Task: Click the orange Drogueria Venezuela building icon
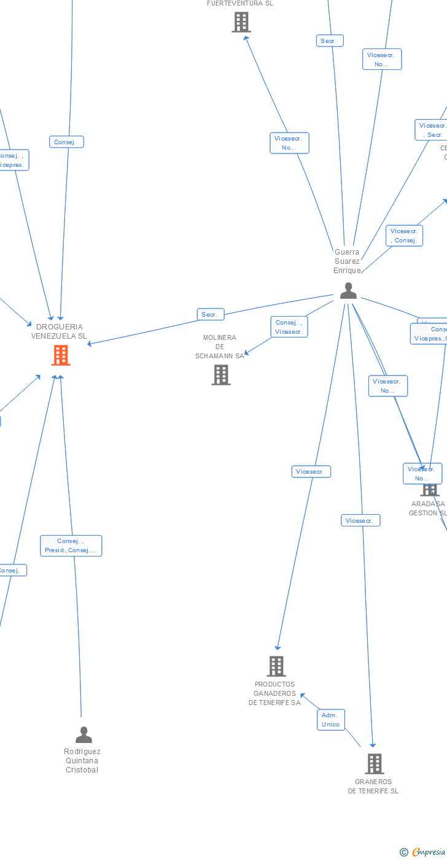tap(61, 355)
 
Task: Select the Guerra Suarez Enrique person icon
tap(348, 291)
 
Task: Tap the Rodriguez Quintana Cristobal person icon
tap(84, 734)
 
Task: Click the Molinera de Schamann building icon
tap(221, 374)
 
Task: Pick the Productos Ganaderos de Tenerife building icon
tap(276, 666)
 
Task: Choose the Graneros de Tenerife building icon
tap(375, 764)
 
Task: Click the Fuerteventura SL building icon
tap(241, 22)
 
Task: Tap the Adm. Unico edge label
tap(330, 720)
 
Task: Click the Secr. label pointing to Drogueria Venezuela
tap(209, 315)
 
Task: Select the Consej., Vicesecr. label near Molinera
tap(289, 327)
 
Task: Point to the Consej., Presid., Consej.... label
tap(71, 545)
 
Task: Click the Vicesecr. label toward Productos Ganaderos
tap(311, 472)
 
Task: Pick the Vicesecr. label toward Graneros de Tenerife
tap(360, 521)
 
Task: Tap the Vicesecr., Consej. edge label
tap(404, 236)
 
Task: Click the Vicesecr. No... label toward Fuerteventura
tap(289, 143)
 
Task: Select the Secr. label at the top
tap(330, 41)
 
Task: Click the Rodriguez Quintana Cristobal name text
tap(82, 761)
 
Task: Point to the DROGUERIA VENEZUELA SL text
tap(59, 331)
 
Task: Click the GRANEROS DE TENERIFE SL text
tap(373, 787)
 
